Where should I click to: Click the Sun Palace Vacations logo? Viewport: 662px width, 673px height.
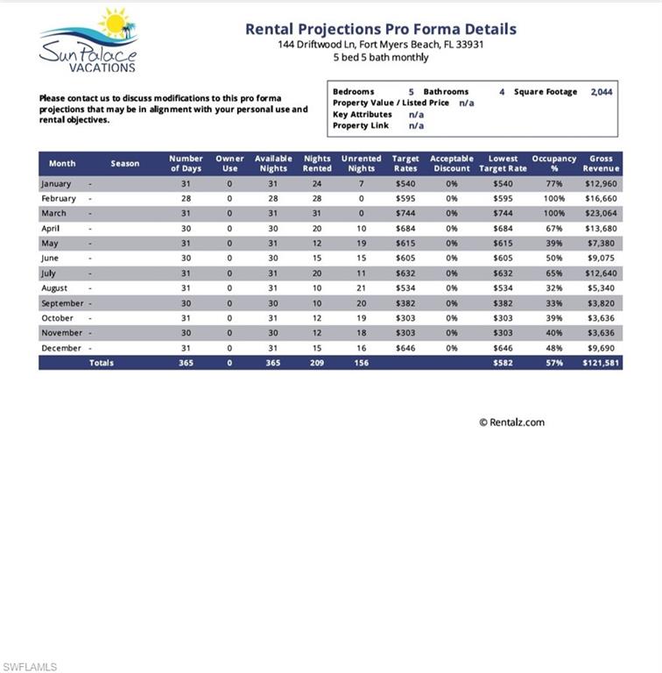[88, 40]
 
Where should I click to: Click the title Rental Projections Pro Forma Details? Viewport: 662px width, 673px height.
[380, 29]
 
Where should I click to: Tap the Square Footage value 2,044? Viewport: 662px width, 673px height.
[602, 92]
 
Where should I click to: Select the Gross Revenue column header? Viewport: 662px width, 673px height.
[601, 164]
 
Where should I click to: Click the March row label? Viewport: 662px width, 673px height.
[53, 213]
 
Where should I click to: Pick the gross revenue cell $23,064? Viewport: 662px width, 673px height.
[601, 213]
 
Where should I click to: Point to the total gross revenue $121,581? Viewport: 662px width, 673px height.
[601, 363]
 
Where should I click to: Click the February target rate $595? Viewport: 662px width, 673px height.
[405, 198]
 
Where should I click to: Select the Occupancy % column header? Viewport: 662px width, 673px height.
[554, 164]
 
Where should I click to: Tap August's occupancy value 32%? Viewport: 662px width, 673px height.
[554, 288]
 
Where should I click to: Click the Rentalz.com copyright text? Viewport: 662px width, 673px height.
[511, 422]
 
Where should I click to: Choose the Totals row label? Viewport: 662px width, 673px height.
[102, 363]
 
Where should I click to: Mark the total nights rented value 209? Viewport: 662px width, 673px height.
[317, 363]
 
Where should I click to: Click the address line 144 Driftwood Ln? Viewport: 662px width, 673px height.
[380, 45]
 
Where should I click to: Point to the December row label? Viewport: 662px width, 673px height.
[61, 348]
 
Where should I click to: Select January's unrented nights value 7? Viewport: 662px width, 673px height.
[361, 184]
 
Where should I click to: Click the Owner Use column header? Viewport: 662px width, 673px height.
[229, 164]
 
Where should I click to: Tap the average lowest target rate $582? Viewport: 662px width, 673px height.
[503, 363]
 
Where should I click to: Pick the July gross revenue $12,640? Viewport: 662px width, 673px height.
[601, 273]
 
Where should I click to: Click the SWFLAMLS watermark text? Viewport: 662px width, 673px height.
[30, 667]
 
